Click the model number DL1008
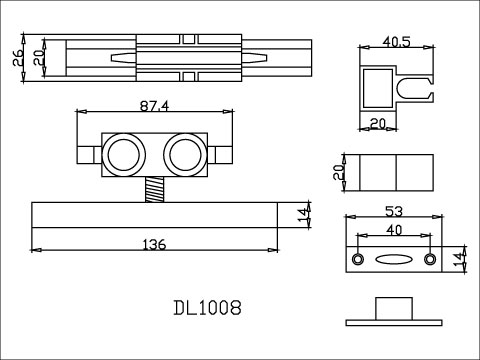click(207, 308)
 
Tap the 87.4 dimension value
click(155, 106)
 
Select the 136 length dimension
click(154, 245)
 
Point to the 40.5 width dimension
click(397, 42)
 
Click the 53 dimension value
click(394, 211)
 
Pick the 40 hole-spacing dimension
click(394, 230)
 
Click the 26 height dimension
click(18, 57)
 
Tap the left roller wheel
click(123, 155)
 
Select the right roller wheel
click(185, 155)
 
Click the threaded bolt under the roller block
click(155, 189)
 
